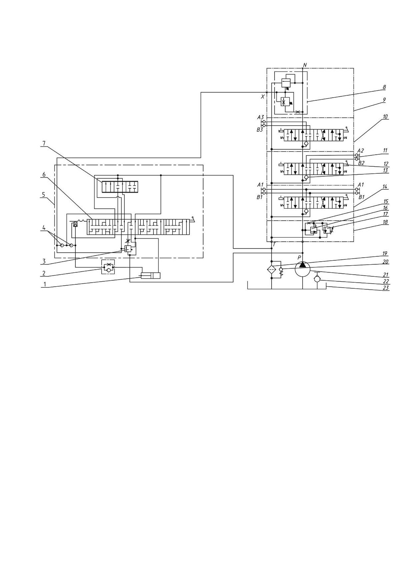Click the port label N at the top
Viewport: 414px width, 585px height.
click(305, 65)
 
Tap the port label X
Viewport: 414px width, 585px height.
click(263, 97)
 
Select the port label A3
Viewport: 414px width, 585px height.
click(261, 117)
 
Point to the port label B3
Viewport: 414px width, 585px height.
click(260, 130)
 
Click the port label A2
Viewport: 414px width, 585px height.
click(360, 150)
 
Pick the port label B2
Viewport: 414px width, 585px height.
click(361, 163)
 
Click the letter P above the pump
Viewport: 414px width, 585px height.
click(299, 257)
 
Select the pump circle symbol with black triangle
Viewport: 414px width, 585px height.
click(303, 268)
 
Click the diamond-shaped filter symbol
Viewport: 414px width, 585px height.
click(272, 269)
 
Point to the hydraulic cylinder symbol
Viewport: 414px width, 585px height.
click(150, 275)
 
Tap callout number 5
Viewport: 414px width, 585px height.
click(43, 195)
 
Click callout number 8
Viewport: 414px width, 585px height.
click(384, 87)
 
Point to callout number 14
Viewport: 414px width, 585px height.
click(385, 187)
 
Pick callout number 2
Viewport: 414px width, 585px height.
click(43, 273)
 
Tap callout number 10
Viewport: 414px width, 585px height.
click(385, 117)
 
